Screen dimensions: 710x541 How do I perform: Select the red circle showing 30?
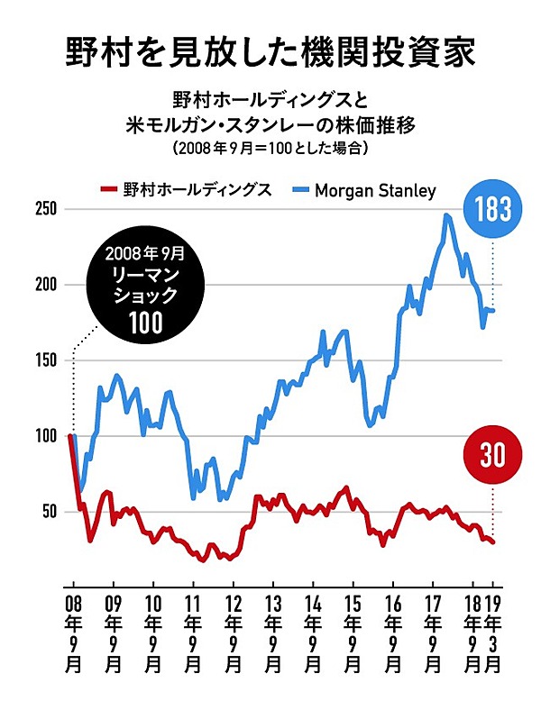tap(492, 456)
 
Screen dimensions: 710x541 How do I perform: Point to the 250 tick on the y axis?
tap(44, 209)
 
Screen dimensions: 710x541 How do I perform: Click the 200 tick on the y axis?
tap(44, 285)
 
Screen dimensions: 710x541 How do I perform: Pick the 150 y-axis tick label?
tap(44, 360)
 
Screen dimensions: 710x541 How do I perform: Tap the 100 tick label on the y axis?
tap(44, 436)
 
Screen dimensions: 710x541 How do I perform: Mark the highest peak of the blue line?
tap(446, 215)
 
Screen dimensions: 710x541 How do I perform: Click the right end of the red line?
tap(493, 542)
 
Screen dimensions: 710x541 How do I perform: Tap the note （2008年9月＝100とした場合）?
tap(270, 146)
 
